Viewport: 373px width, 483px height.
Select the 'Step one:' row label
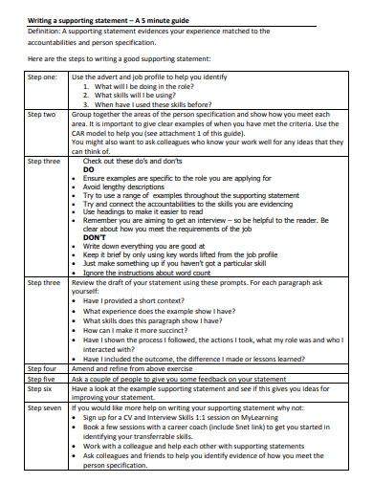click(42, 77)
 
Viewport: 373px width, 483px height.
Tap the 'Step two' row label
click(41, 114)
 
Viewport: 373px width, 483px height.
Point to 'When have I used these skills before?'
click(164, 104)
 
